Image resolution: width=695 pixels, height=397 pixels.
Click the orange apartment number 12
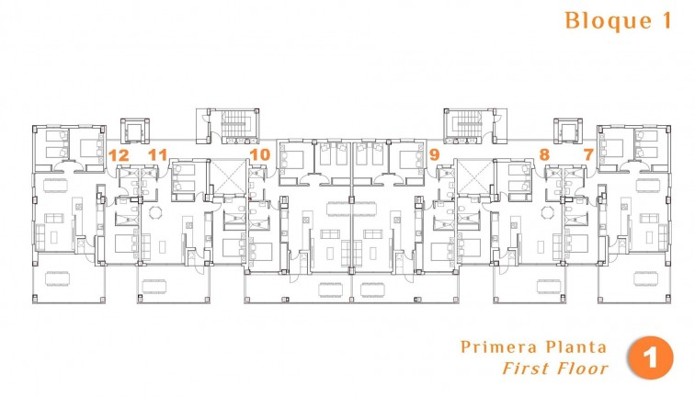pos(118,154)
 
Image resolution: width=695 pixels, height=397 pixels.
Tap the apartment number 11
pos(158,154)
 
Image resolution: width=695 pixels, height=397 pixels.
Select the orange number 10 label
pos(259,154)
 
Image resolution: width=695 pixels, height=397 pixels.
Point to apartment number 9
pos(434,154)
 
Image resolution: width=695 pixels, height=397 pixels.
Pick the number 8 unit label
pos(544,154)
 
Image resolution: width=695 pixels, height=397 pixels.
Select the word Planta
pos(574,347)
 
